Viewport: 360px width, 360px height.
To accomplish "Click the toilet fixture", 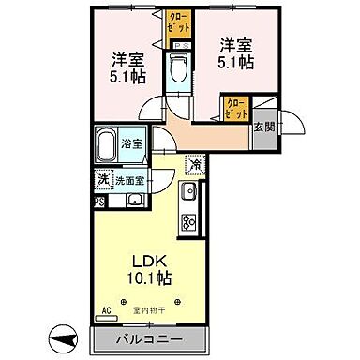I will point(178,69).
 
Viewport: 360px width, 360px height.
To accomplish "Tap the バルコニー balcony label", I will point(151,337).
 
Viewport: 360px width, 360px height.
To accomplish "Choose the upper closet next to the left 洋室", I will point(177,23).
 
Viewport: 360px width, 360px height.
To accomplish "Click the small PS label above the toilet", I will point(177,44).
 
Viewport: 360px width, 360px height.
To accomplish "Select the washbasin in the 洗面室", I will point(133,199).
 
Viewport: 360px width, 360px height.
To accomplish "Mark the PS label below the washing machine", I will point(98,199).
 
